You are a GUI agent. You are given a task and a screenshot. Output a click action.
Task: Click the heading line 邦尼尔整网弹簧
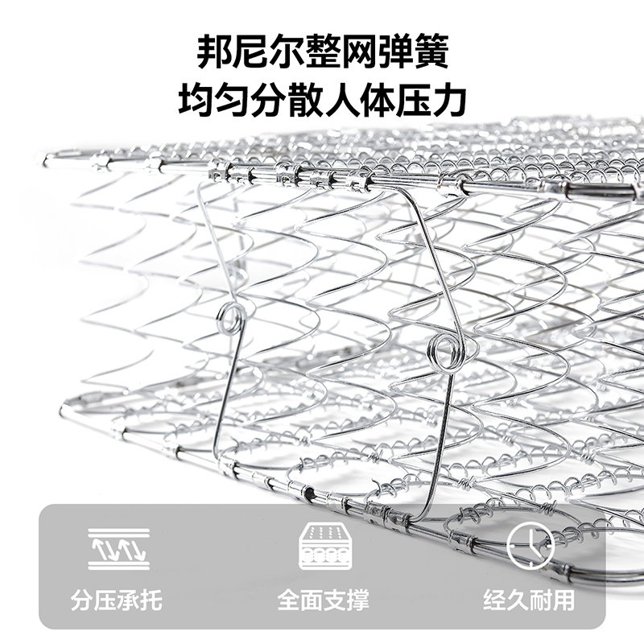(322, 52)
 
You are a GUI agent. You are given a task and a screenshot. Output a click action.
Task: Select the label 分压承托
(117, 599)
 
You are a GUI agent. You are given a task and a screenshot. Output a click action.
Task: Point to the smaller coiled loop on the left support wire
(231, 317)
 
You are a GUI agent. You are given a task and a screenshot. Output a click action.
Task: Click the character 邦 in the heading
(215, 52)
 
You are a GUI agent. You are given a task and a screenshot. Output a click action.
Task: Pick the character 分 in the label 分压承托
(82, 599)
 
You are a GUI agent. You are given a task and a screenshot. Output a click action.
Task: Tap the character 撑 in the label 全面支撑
(358, 599)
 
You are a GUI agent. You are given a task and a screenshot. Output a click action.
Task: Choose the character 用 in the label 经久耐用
(563, 599)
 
